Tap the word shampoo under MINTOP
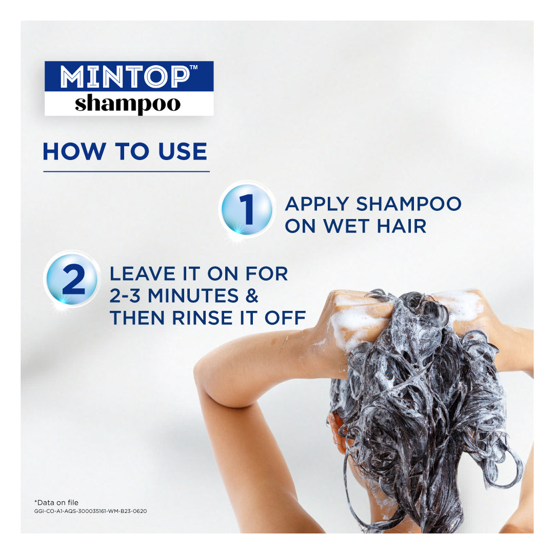coord(128,104)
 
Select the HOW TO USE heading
coord(125,152)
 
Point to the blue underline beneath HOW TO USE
coord(126,171)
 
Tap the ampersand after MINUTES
coord(251,296)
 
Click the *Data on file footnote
coord(56,502)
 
